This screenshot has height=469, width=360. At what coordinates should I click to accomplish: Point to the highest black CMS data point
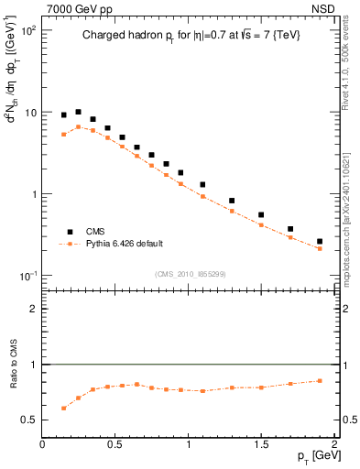click(78, 112)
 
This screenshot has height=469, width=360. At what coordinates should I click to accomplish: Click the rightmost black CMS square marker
click(320, 242)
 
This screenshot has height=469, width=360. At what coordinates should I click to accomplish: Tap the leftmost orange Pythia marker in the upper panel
click(63, 135)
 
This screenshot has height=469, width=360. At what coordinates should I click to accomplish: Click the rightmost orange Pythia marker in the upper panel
click(320, 248)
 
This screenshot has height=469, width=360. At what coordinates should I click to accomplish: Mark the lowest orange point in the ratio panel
click(63, 408)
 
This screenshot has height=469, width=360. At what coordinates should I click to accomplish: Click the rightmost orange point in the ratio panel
click(320, 381)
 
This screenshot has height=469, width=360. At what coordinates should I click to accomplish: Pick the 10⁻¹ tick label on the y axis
click(27, 277)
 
